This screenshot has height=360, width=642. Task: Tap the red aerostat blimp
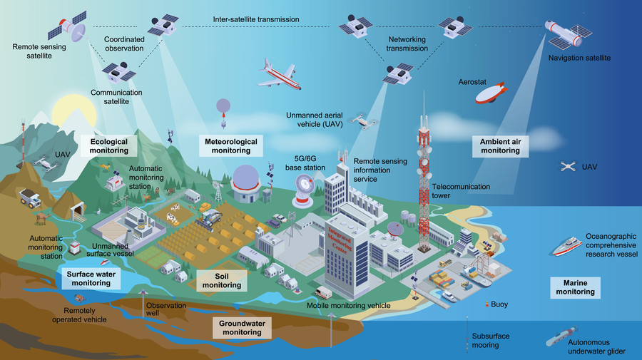(491, 93)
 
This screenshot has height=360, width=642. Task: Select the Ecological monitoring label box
(109, 145)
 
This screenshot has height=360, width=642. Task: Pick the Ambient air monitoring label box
(500, 145)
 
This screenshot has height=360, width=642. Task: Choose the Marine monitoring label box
(575, 288)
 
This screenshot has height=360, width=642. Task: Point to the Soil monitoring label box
(221, 280)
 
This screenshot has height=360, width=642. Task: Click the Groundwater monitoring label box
(242, 327)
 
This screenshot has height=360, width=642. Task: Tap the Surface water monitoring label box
(91, 278)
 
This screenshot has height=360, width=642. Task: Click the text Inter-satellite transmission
(256, 19)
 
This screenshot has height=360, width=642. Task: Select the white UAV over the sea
(569, 166)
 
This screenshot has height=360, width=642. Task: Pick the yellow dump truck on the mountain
(29, 197)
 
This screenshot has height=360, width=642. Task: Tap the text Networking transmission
(408, 43)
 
